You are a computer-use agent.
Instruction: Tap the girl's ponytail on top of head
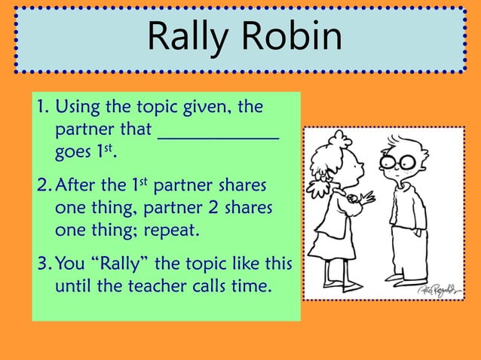(339, 139)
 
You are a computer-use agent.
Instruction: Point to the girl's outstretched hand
(368, 199)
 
